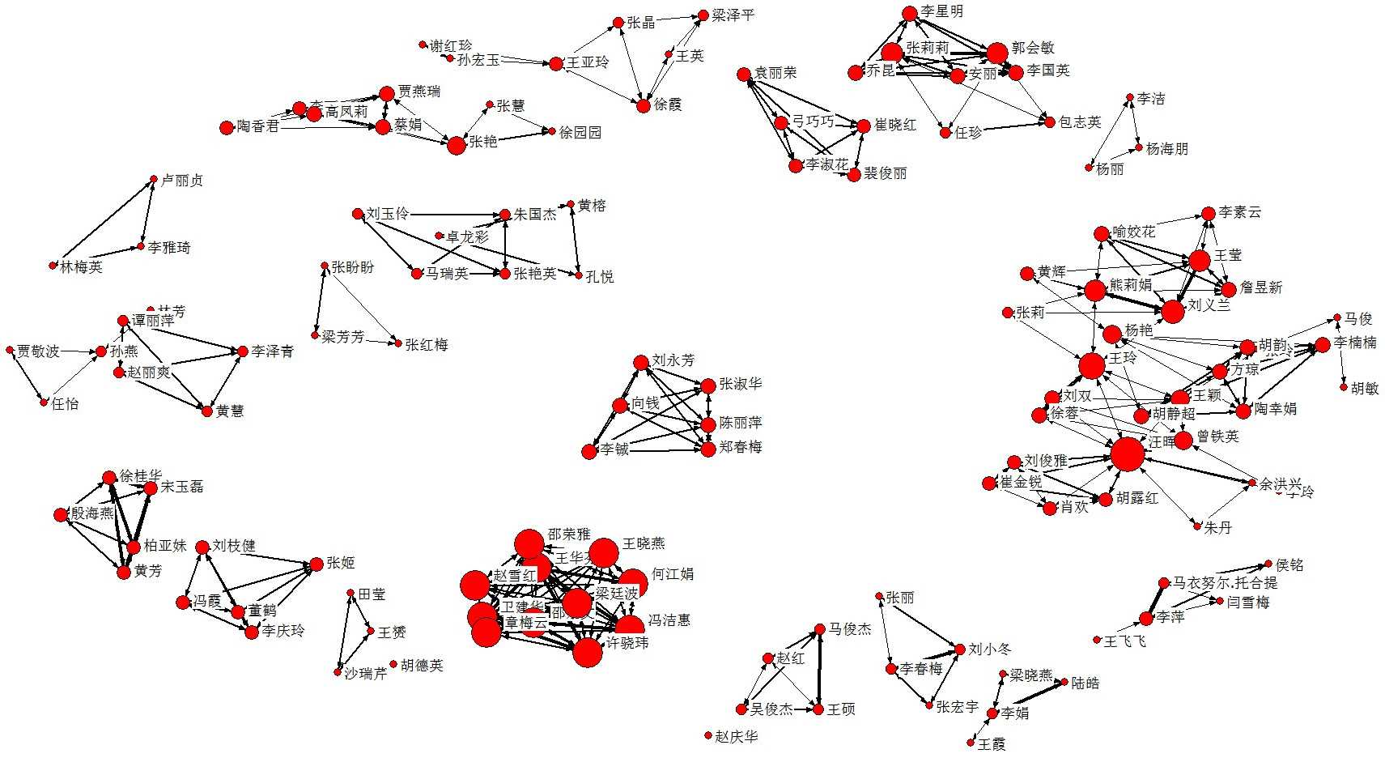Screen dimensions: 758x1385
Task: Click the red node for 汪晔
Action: pyautogui.click(x=1127, y=454)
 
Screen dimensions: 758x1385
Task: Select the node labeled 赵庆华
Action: pyautogui.click(x=708, y=736)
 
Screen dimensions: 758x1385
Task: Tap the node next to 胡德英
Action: pyautogui.click(x=393, y=665)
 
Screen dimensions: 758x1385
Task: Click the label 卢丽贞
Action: pyautogui.click(x=182, y=181)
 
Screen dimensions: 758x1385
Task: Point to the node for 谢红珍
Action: pyautogui.click(x=423, y=45)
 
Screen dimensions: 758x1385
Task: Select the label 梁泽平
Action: pyautogui.click(x=733, y=15)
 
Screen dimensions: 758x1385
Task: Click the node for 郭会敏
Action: pyautogui.click(x=997, y=53)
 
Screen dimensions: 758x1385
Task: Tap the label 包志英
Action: pyautogui.click(x=1080, y=122)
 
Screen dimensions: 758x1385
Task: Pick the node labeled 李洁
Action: pyautogui.click(x=1130, y=99)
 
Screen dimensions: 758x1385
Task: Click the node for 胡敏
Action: pyautogui.click(x=1344, y=388)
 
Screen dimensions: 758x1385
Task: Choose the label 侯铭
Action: pyautogui.click(x=1289, y=565)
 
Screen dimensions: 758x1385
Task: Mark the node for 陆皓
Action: pyautogui.click(x=1064, y=683)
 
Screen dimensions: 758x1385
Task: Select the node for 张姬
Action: pyautogui.click(x=316, y=564)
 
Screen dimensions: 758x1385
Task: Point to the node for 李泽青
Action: pyautogui.click(x=241, y=351)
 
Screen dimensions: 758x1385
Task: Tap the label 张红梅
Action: pyautogui.click(x=427, y=345)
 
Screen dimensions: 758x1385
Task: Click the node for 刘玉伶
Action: pyautogui.click(x=358, y=214)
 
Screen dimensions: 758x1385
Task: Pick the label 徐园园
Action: pyautogui.click(x=580, y=132)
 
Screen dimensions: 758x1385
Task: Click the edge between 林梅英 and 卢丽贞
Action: pyautogui.click(x=104, y=223)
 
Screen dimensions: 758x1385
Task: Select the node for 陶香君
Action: pyautogui.click(x=227, y=127)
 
